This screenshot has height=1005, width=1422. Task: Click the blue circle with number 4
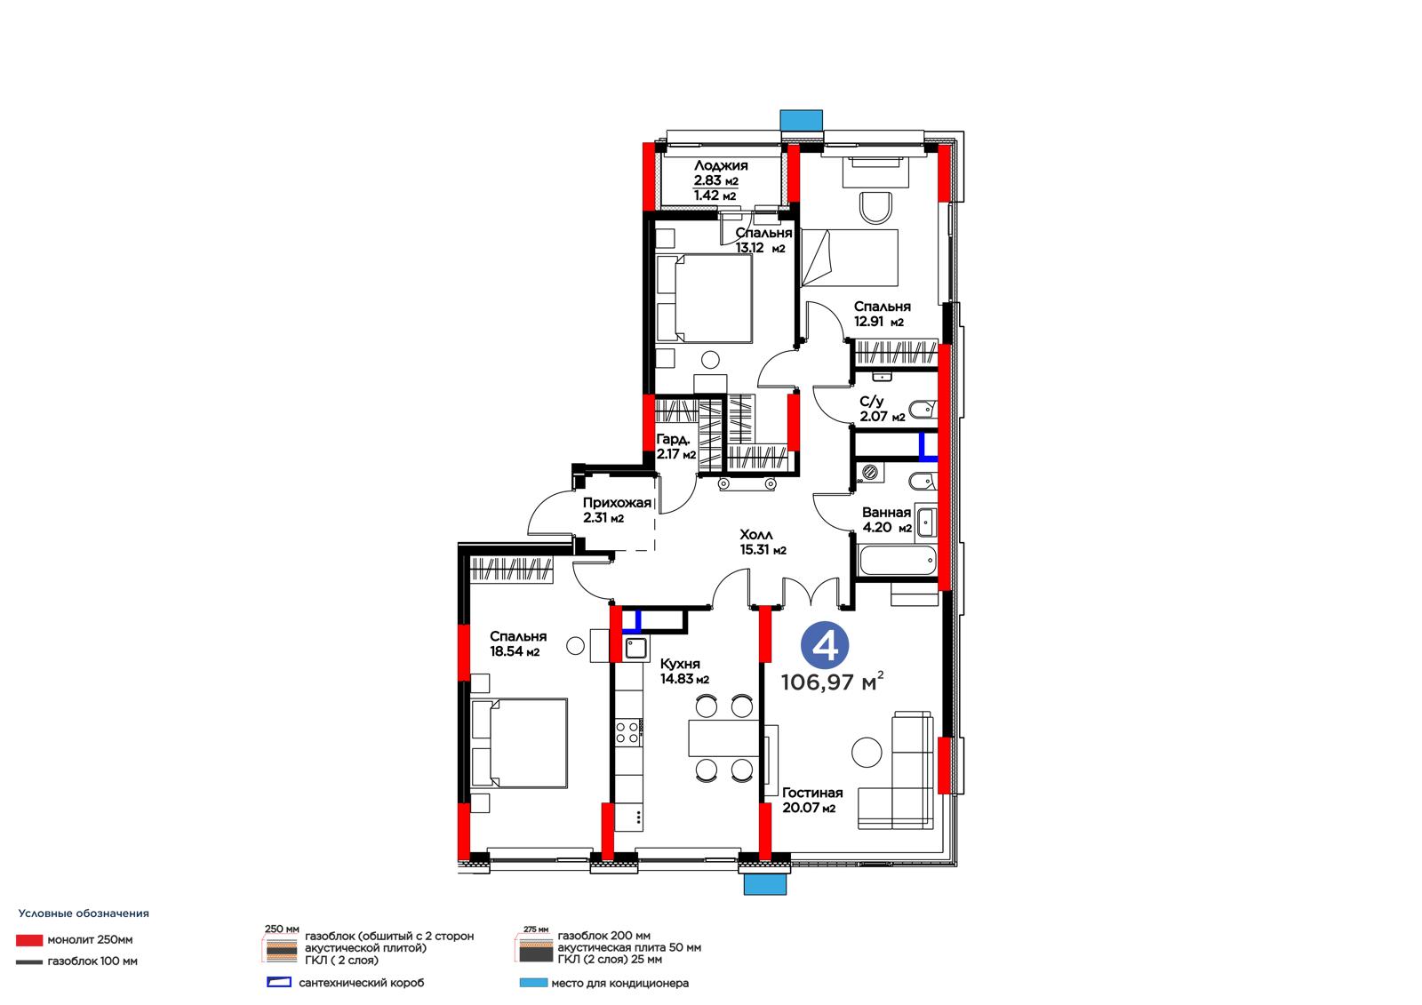point(825,645)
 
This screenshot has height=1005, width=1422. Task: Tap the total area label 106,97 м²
point(832,682)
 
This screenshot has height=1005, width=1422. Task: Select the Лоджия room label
point(721,165)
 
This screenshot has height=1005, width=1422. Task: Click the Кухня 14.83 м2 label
point(684,671)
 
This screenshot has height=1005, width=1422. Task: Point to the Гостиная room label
point(812,793)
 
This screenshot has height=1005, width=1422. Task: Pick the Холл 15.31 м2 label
point(763,543)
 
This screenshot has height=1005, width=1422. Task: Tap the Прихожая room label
point(617,503)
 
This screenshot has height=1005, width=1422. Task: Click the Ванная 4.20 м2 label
point(886,520)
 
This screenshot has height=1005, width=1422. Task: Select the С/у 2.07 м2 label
point(882,410)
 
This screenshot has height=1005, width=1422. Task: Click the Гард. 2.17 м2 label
point(675,447)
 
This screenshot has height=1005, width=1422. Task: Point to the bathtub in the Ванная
point(897,561)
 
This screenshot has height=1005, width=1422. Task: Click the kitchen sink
point(635,648)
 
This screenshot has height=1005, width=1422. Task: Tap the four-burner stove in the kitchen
point(627,732)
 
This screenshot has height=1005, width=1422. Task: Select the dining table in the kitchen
point(723,738)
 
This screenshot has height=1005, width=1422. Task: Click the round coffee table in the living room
point(867,753)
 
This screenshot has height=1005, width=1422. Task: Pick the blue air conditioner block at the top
point(801,120)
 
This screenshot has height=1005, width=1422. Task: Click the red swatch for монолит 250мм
point(29,940)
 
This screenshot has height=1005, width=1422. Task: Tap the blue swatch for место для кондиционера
point(533,983)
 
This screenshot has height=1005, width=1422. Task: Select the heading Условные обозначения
point(84,913)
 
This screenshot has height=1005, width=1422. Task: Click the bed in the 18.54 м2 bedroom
point(519,744)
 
